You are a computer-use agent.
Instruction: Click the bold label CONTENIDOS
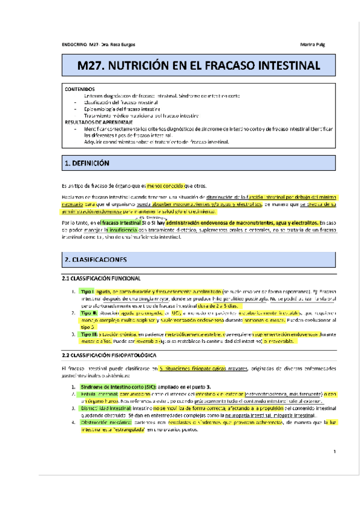[79, 89]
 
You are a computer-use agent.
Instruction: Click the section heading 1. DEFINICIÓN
[88, 162]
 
